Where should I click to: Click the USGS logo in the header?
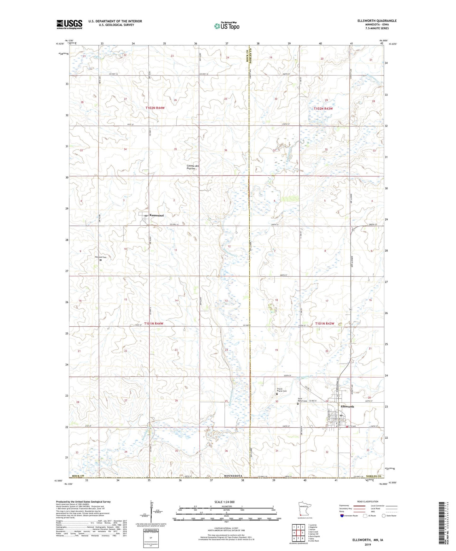[x=69, y=24]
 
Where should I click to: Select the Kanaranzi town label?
[x=154, y=216]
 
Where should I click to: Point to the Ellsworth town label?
[x=347, y=406]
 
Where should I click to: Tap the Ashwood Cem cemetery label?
[x=101, y=257]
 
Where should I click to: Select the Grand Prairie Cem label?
[x=281, y=390]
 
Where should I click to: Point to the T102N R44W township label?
[x=155, y=108]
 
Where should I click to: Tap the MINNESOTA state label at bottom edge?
[x=233, y=476]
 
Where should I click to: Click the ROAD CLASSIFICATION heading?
[x=368, y=501]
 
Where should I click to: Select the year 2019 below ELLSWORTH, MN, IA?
[x=368, y=544]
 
